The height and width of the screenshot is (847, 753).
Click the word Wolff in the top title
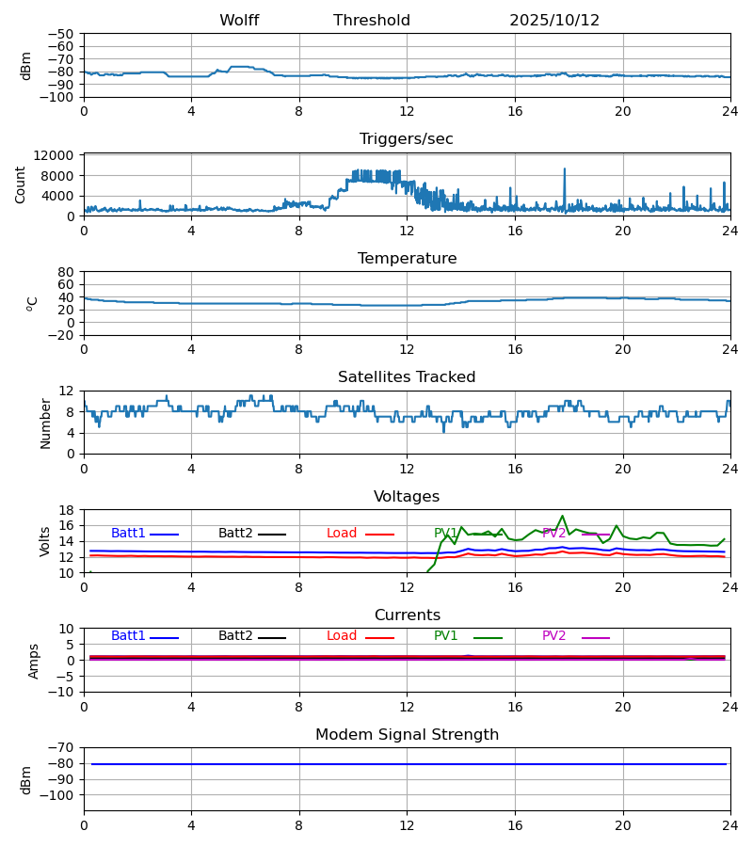tap(239, 21)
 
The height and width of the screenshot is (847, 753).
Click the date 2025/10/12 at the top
tap(554, 21)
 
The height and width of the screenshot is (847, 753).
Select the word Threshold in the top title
tap(372, 21)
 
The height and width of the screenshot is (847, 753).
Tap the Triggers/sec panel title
tap(407, 139)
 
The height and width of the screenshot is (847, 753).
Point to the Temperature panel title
tap(407, 259)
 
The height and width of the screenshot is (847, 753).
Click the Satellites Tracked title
tap(407, 377)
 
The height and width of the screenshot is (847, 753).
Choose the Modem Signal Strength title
tap(407, 735)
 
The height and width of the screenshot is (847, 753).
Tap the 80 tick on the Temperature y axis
tap(66, 272)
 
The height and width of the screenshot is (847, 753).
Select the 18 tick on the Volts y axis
tap(66, 510)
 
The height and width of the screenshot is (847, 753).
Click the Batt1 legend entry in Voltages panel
tap(128, 534)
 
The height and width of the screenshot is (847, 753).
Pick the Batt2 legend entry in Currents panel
tap(235, 636)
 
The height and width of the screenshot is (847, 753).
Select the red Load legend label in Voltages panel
tap(342, 534)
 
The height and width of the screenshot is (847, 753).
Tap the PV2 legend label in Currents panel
tap(554, 636)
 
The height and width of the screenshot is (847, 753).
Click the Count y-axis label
tap(21, 184)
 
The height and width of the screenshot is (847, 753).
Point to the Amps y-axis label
tap(34, 661)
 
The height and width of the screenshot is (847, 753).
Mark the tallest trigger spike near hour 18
tap(565, 169)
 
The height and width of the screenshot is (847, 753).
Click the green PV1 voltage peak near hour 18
tap(563, 516)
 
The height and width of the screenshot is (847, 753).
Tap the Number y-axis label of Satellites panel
tap(45, 423)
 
